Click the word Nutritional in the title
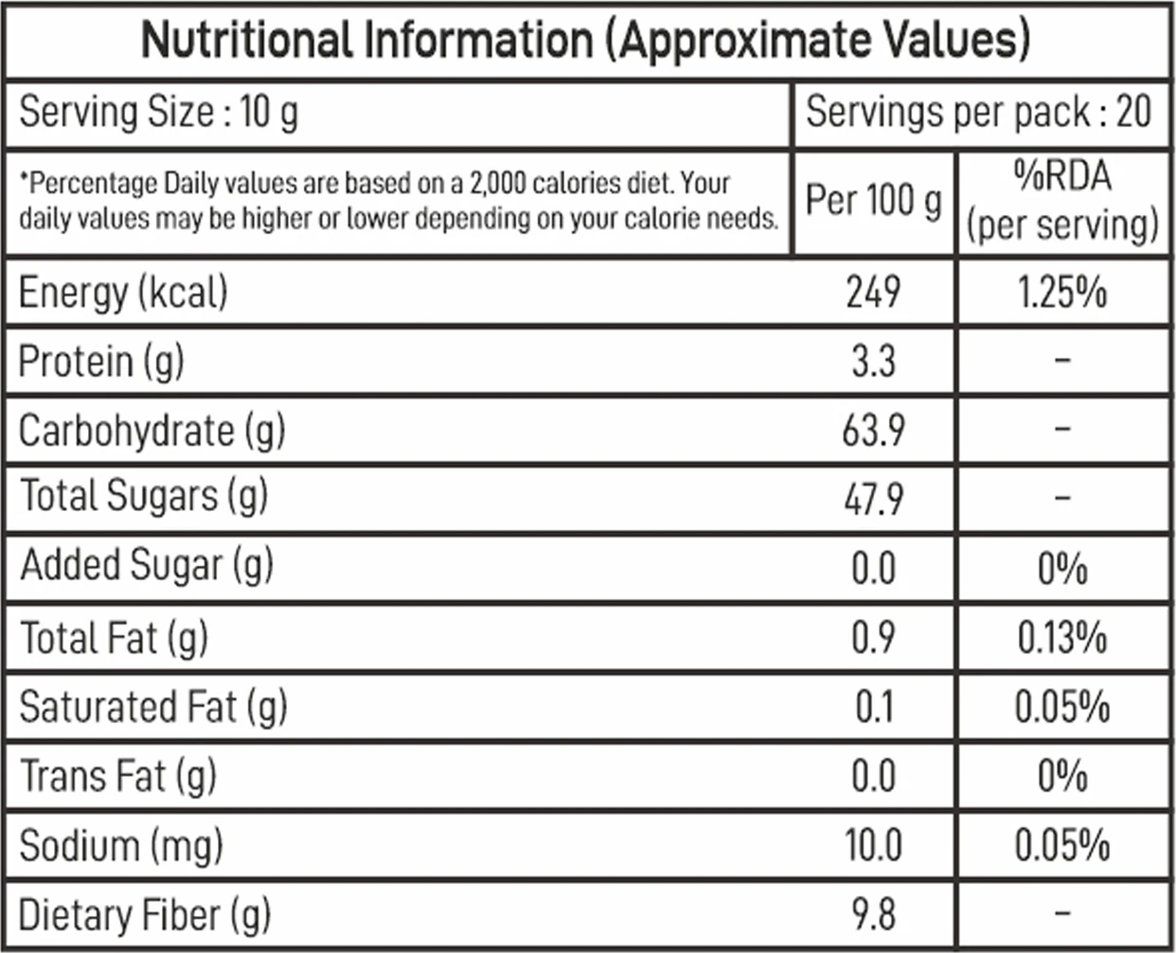coord(247,40)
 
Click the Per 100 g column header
coord(873,202)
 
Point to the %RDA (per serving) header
coord(1062,202)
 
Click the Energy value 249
coord(873,291)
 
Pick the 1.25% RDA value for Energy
coord(1062,291)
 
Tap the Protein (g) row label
coord(101,362)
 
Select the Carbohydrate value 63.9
coord(873,430)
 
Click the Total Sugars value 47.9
coord(873,499)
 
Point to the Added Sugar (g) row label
coord(147,566)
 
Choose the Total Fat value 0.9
coord(873,637)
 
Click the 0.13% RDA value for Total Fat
coord(1062,637)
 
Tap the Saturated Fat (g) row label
coord(153,707)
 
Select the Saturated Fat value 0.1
coord(873,706)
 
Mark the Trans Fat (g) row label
coord(118,776)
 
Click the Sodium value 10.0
coord(873,845)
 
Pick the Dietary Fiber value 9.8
coord(873,914)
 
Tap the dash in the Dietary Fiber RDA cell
coord(1062,912)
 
